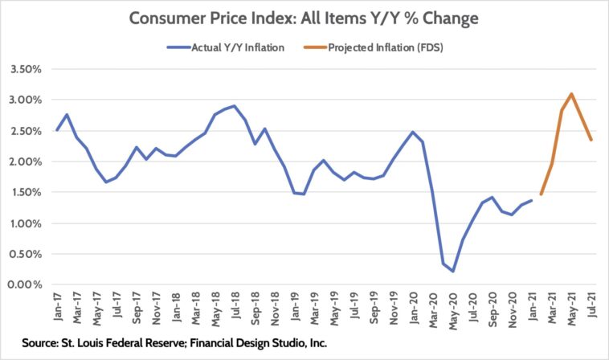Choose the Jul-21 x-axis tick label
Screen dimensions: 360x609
(x=592, y=306)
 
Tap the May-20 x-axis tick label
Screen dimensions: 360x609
(x=453, y=306)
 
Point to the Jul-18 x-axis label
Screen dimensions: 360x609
(x=235, y=306)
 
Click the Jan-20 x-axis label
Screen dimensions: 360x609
(x=413, y=306)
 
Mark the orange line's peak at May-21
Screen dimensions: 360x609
(x=571, y=94)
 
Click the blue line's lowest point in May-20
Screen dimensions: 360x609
(x=453, y=271)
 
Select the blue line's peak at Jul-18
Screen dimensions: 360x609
(x=234, y=106)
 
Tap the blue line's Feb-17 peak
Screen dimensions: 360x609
(x=67, y=115)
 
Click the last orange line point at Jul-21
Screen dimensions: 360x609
(x=591, y=140)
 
